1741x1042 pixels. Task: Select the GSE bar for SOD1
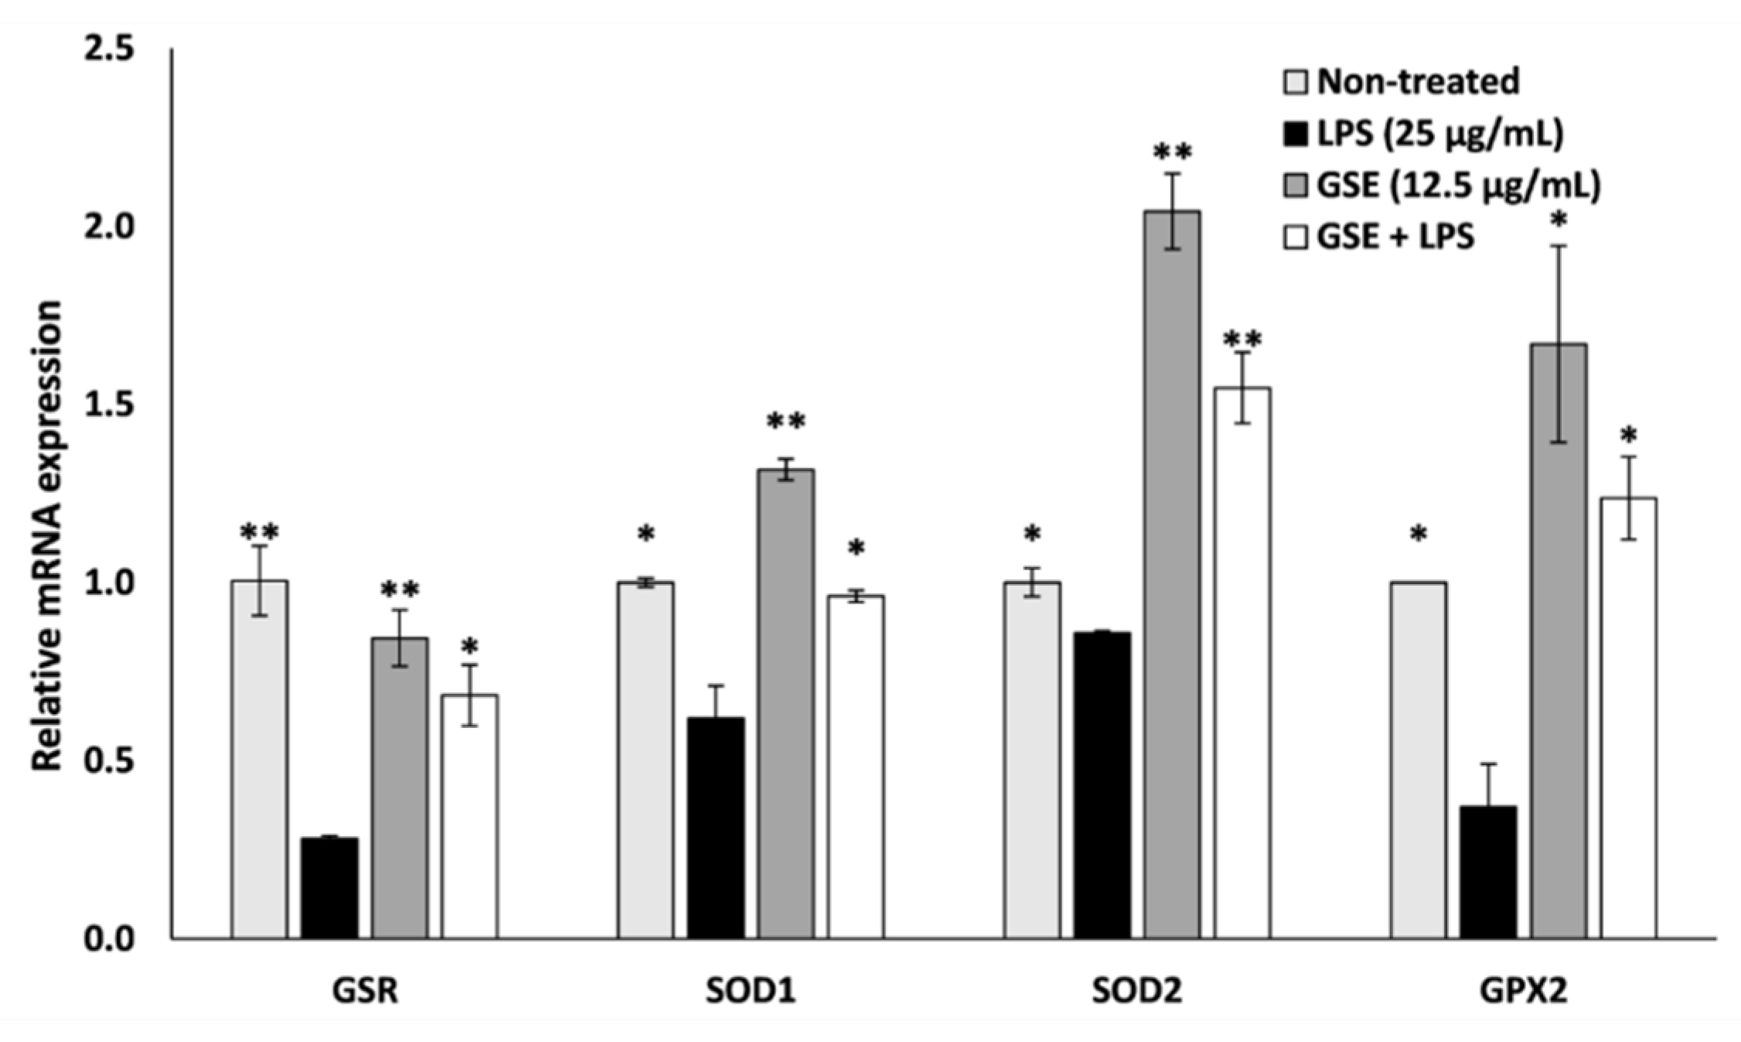point(785,703)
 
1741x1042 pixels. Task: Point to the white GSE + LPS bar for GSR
point(469,816)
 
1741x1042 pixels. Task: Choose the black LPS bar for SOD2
point(1102,784)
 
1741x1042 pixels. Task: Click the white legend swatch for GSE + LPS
point(1296,237)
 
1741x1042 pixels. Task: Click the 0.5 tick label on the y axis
point(108,761)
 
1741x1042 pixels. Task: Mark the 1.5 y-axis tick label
point(108,405)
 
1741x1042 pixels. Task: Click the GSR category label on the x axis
point(365,991)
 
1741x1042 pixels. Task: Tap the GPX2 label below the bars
point(1523,991)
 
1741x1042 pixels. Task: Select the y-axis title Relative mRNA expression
point(46,535)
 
